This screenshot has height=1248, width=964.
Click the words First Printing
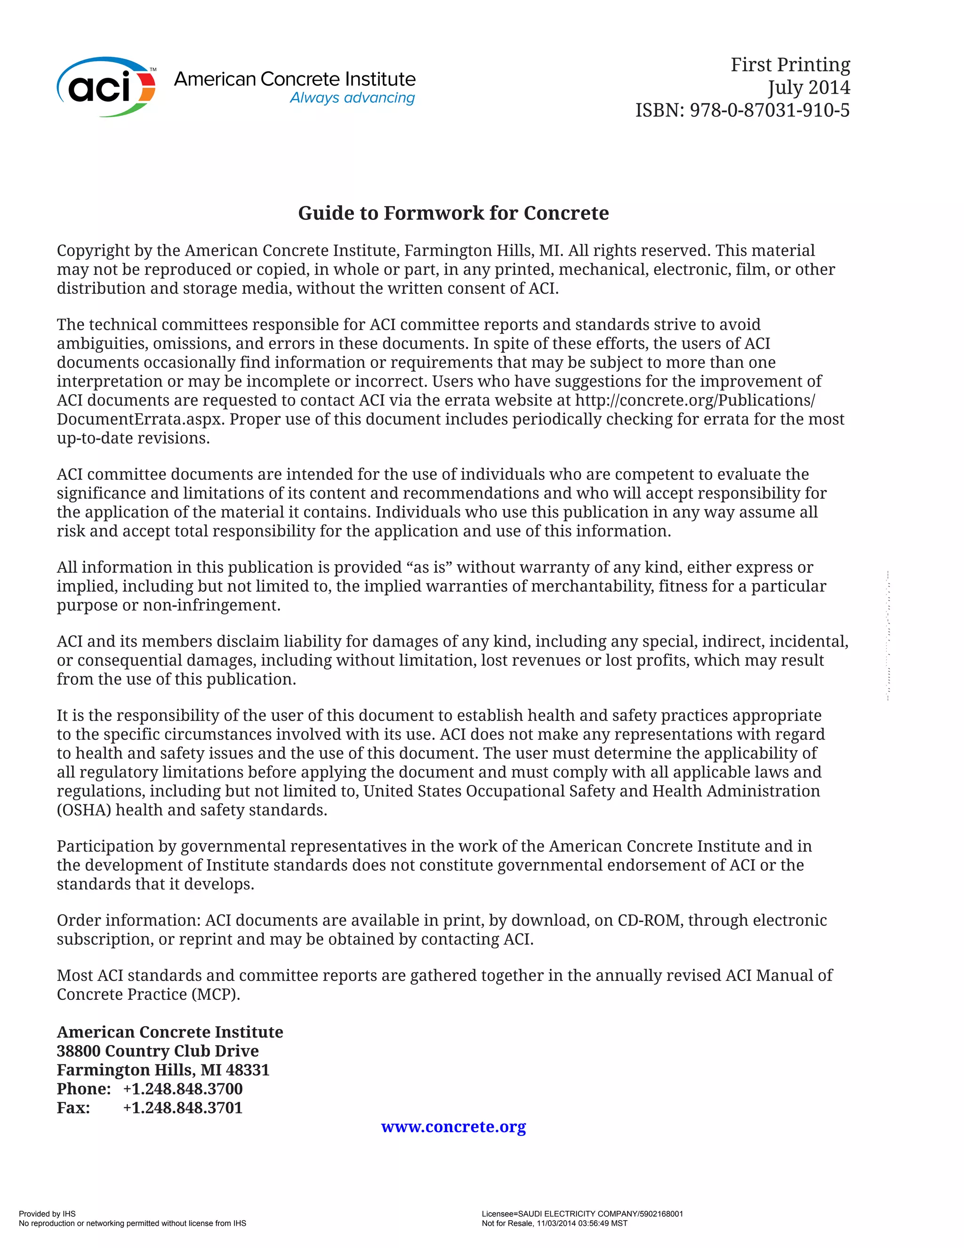tap(790, 65)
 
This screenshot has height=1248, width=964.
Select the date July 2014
tap(808, 88)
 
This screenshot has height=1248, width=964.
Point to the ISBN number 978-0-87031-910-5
tap(769, 110)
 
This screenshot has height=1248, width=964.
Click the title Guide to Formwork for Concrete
tap(453, 213)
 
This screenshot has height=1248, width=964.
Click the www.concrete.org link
tap(453, 1126)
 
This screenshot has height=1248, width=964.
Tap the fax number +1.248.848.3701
tap(183, 1108)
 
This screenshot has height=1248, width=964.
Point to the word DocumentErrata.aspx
tap(139, 420)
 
